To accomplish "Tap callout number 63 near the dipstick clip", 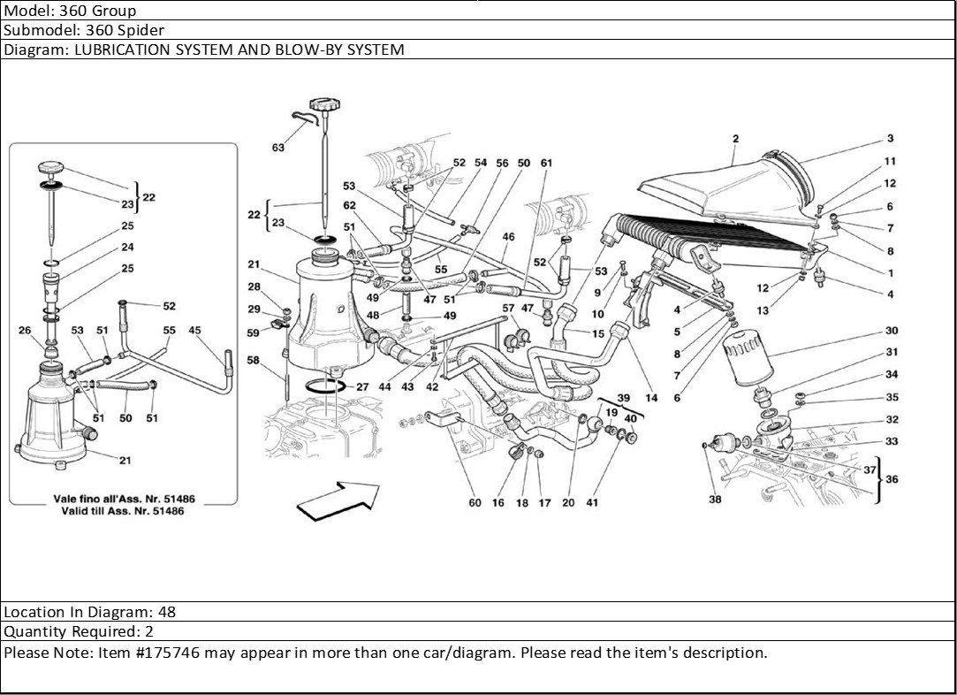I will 278,148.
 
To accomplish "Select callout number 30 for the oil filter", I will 892,331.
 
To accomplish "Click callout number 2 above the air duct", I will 736,138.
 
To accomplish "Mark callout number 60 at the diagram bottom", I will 475,503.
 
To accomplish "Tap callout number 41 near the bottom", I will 592,503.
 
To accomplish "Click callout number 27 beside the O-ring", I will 362,387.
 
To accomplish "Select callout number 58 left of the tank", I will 254,361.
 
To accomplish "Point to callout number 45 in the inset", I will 195,331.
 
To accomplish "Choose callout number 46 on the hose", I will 508,237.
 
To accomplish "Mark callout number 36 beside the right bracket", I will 892,479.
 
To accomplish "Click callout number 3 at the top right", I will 891,138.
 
